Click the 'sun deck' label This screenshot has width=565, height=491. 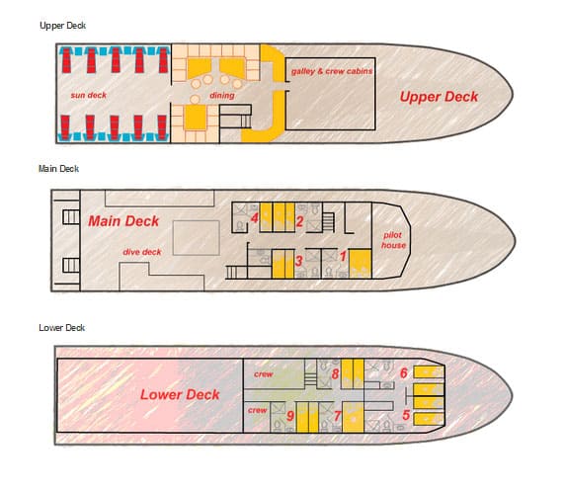point(89,95)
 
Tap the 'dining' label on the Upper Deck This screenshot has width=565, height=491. point(222,95)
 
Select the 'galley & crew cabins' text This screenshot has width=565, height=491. point(332,71)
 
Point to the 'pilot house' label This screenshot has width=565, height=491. point(393,240)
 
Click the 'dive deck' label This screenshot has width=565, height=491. point(142,252)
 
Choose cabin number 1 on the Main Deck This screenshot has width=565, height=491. point(343,256)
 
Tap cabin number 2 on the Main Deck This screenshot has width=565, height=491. point(299,221)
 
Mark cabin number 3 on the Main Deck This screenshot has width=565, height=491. point(298,260)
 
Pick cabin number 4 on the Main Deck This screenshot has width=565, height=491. point(255,218)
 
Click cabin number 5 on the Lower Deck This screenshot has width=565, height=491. point(406,415)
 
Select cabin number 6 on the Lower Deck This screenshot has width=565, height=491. point(404,373)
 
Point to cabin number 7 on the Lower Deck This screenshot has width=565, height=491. point(337,416)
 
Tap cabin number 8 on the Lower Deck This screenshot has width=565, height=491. point(335,374)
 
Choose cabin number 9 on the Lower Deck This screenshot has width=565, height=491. point(290,416)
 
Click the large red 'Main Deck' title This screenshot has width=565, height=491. point(123,221)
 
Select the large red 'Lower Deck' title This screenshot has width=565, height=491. point(180,394)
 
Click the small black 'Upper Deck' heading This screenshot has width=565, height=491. point(62,26)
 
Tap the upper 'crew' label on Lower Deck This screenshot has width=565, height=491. point(264,374)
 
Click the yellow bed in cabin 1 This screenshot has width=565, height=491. point(360,264)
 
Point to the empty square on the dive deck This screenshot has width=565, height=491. point(197,238)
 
